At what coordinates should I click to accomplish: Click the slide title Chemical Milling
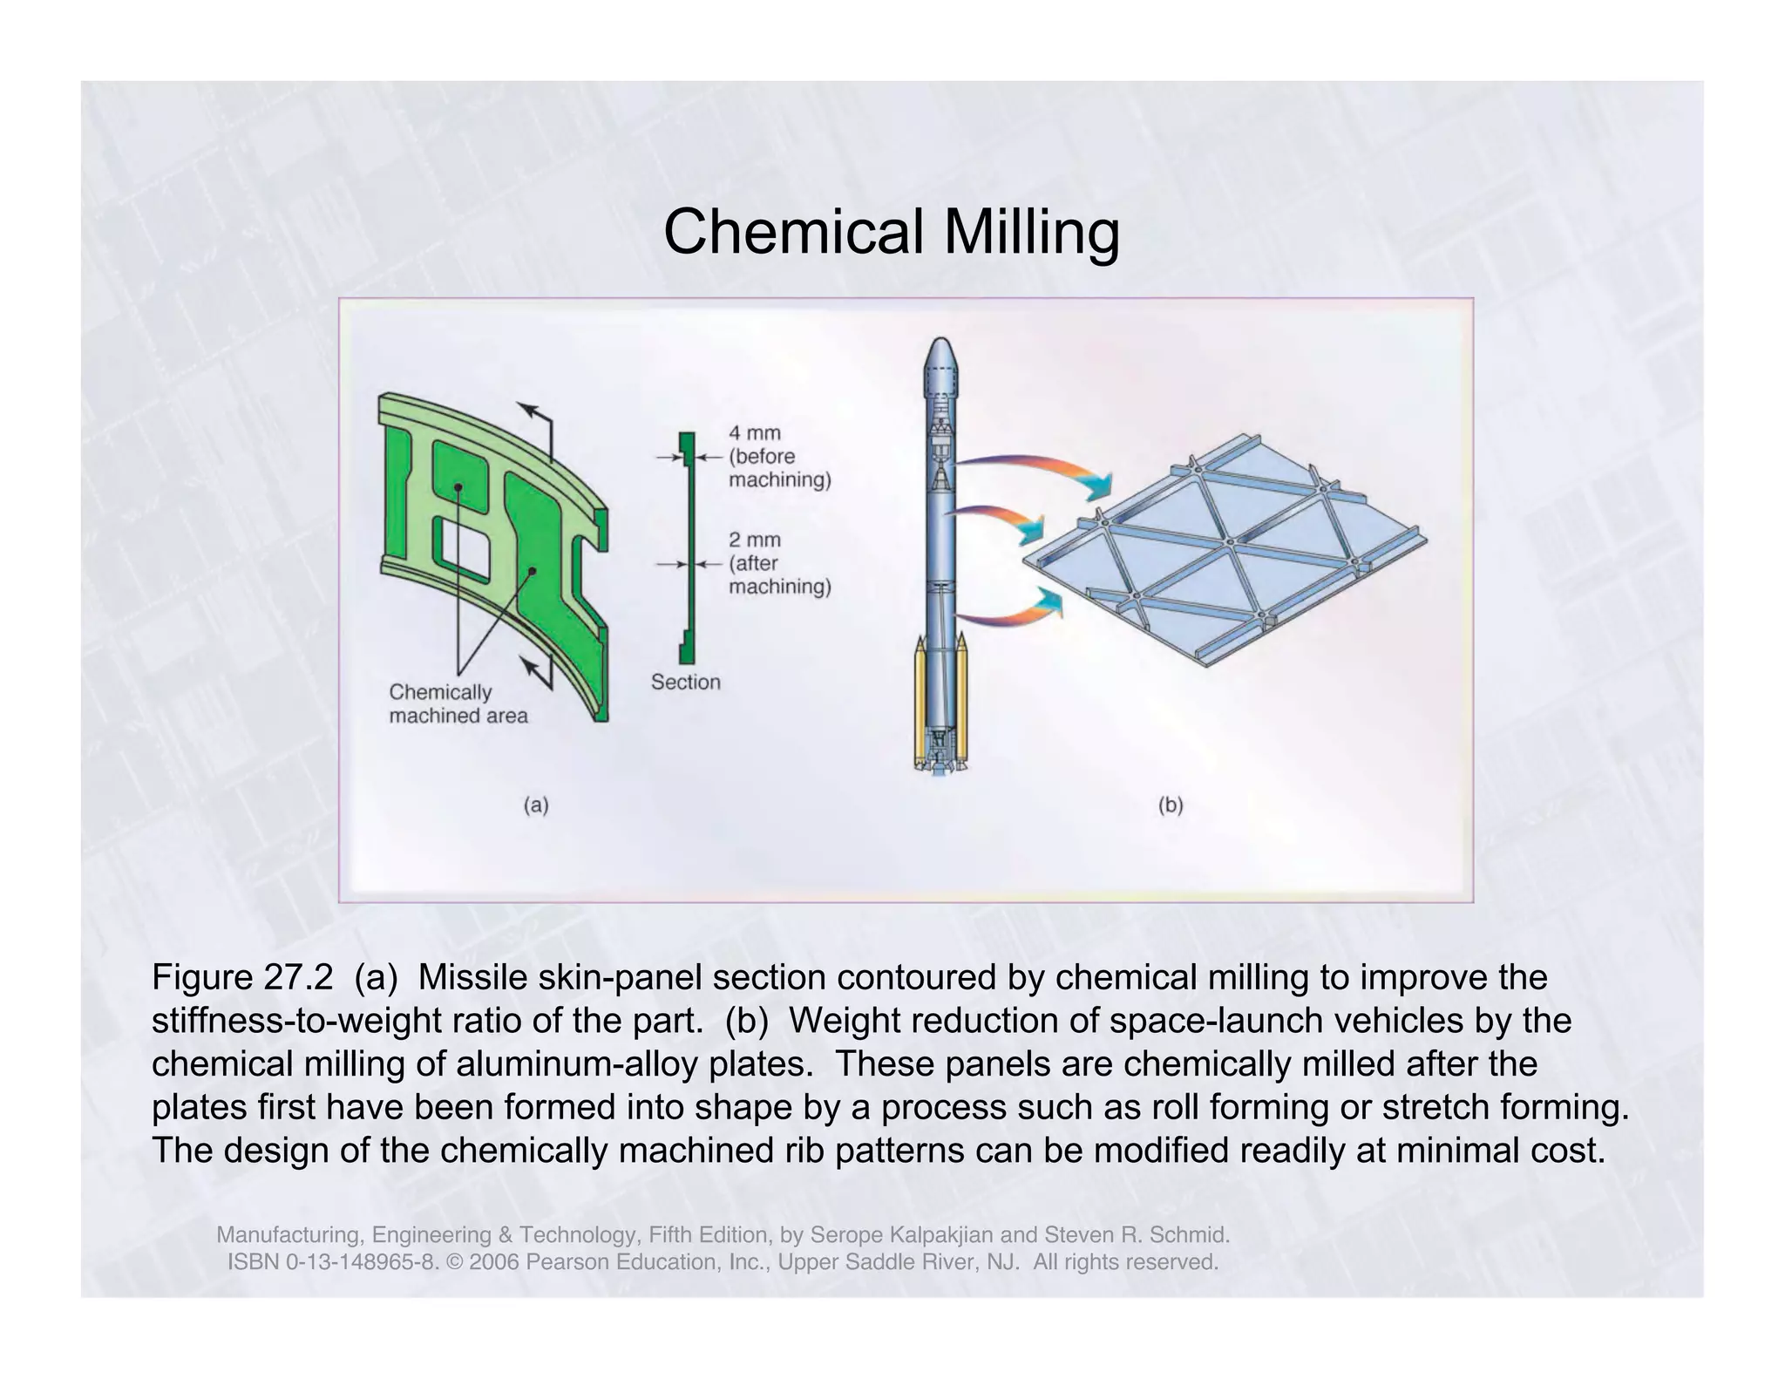click(x=891, y=233)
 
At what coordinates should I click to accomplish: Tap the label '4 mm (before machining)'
click(x=778, y=456)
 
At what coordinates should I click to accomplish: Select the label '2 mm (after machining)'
click(x=778, y=563)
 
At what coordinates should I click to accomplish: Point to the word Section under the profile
click(x=685, y=682)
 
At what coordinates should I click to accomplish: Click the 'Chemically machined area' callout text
click(x=458, y=703)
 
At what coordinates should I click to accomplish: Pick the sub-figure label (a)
click(x=535, y=805)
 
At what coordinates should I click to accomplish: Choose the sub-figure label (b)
click(x=1170, y=805)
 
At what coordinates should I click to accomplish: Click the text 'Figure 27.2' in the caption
click(x=242, y=977)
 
